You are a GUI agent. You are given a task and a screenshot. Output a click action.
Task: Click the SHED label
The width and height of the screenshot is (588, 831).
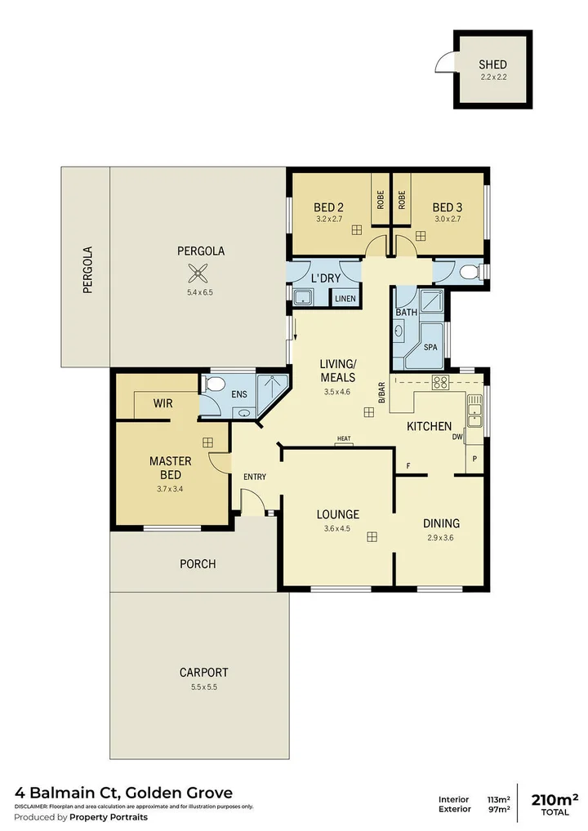click(x=492, y=64)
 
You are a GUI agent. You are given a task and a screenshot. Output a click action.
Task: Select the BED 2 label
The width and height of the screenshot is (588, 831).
click(x=328, y=207)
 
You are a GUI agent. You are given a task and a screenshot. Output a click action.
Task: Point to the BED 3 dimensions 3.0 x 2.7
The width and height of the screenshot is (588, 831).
click(x=447, y=219)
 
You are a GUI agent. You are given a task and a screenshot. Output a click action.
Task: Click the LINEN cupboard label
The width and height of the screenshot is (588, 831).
click(x=345, y=299)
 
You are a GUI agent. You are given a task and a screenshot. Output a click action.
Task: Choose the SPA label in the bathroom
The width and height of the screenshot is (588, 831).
click(x=430, y=348)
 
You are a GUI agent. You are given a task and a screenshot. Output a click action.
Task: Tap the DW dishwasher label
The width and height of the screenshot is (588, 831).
click(x=457, y=438)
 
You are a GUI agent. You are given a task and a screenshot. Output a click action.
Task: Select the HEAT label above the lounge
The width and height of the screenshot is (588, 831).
click(x=343, y=439)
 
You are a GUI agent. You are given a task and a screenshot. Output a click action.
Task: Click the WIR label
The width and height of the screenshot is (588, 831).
click(x=163, y=403)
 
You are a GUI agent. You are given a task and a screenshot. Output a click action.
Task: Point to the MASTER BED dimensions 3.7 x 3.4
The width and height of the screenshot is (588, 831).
click(x=170, y=489)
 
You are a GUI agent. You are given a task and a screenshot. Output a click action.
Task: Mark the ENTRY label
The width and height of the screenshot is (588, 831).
click(x=254, y=477)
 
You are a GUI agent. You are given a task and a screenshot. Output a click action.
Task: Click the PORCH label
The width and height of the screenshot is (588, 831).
click(x=198, y=564)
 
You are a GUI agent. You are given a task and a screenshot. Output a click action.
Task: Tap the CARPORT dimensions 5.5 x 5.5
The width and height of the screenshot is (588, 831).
click(x=203, y=687)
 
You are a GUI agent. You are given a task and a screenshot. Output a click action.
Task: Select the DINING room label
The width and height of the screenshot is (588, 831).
click(x=441, y=523)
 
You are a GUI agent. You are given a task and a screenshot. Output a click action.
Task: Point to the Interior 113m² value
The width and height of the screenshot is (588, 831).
click(x=499, y=798)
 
